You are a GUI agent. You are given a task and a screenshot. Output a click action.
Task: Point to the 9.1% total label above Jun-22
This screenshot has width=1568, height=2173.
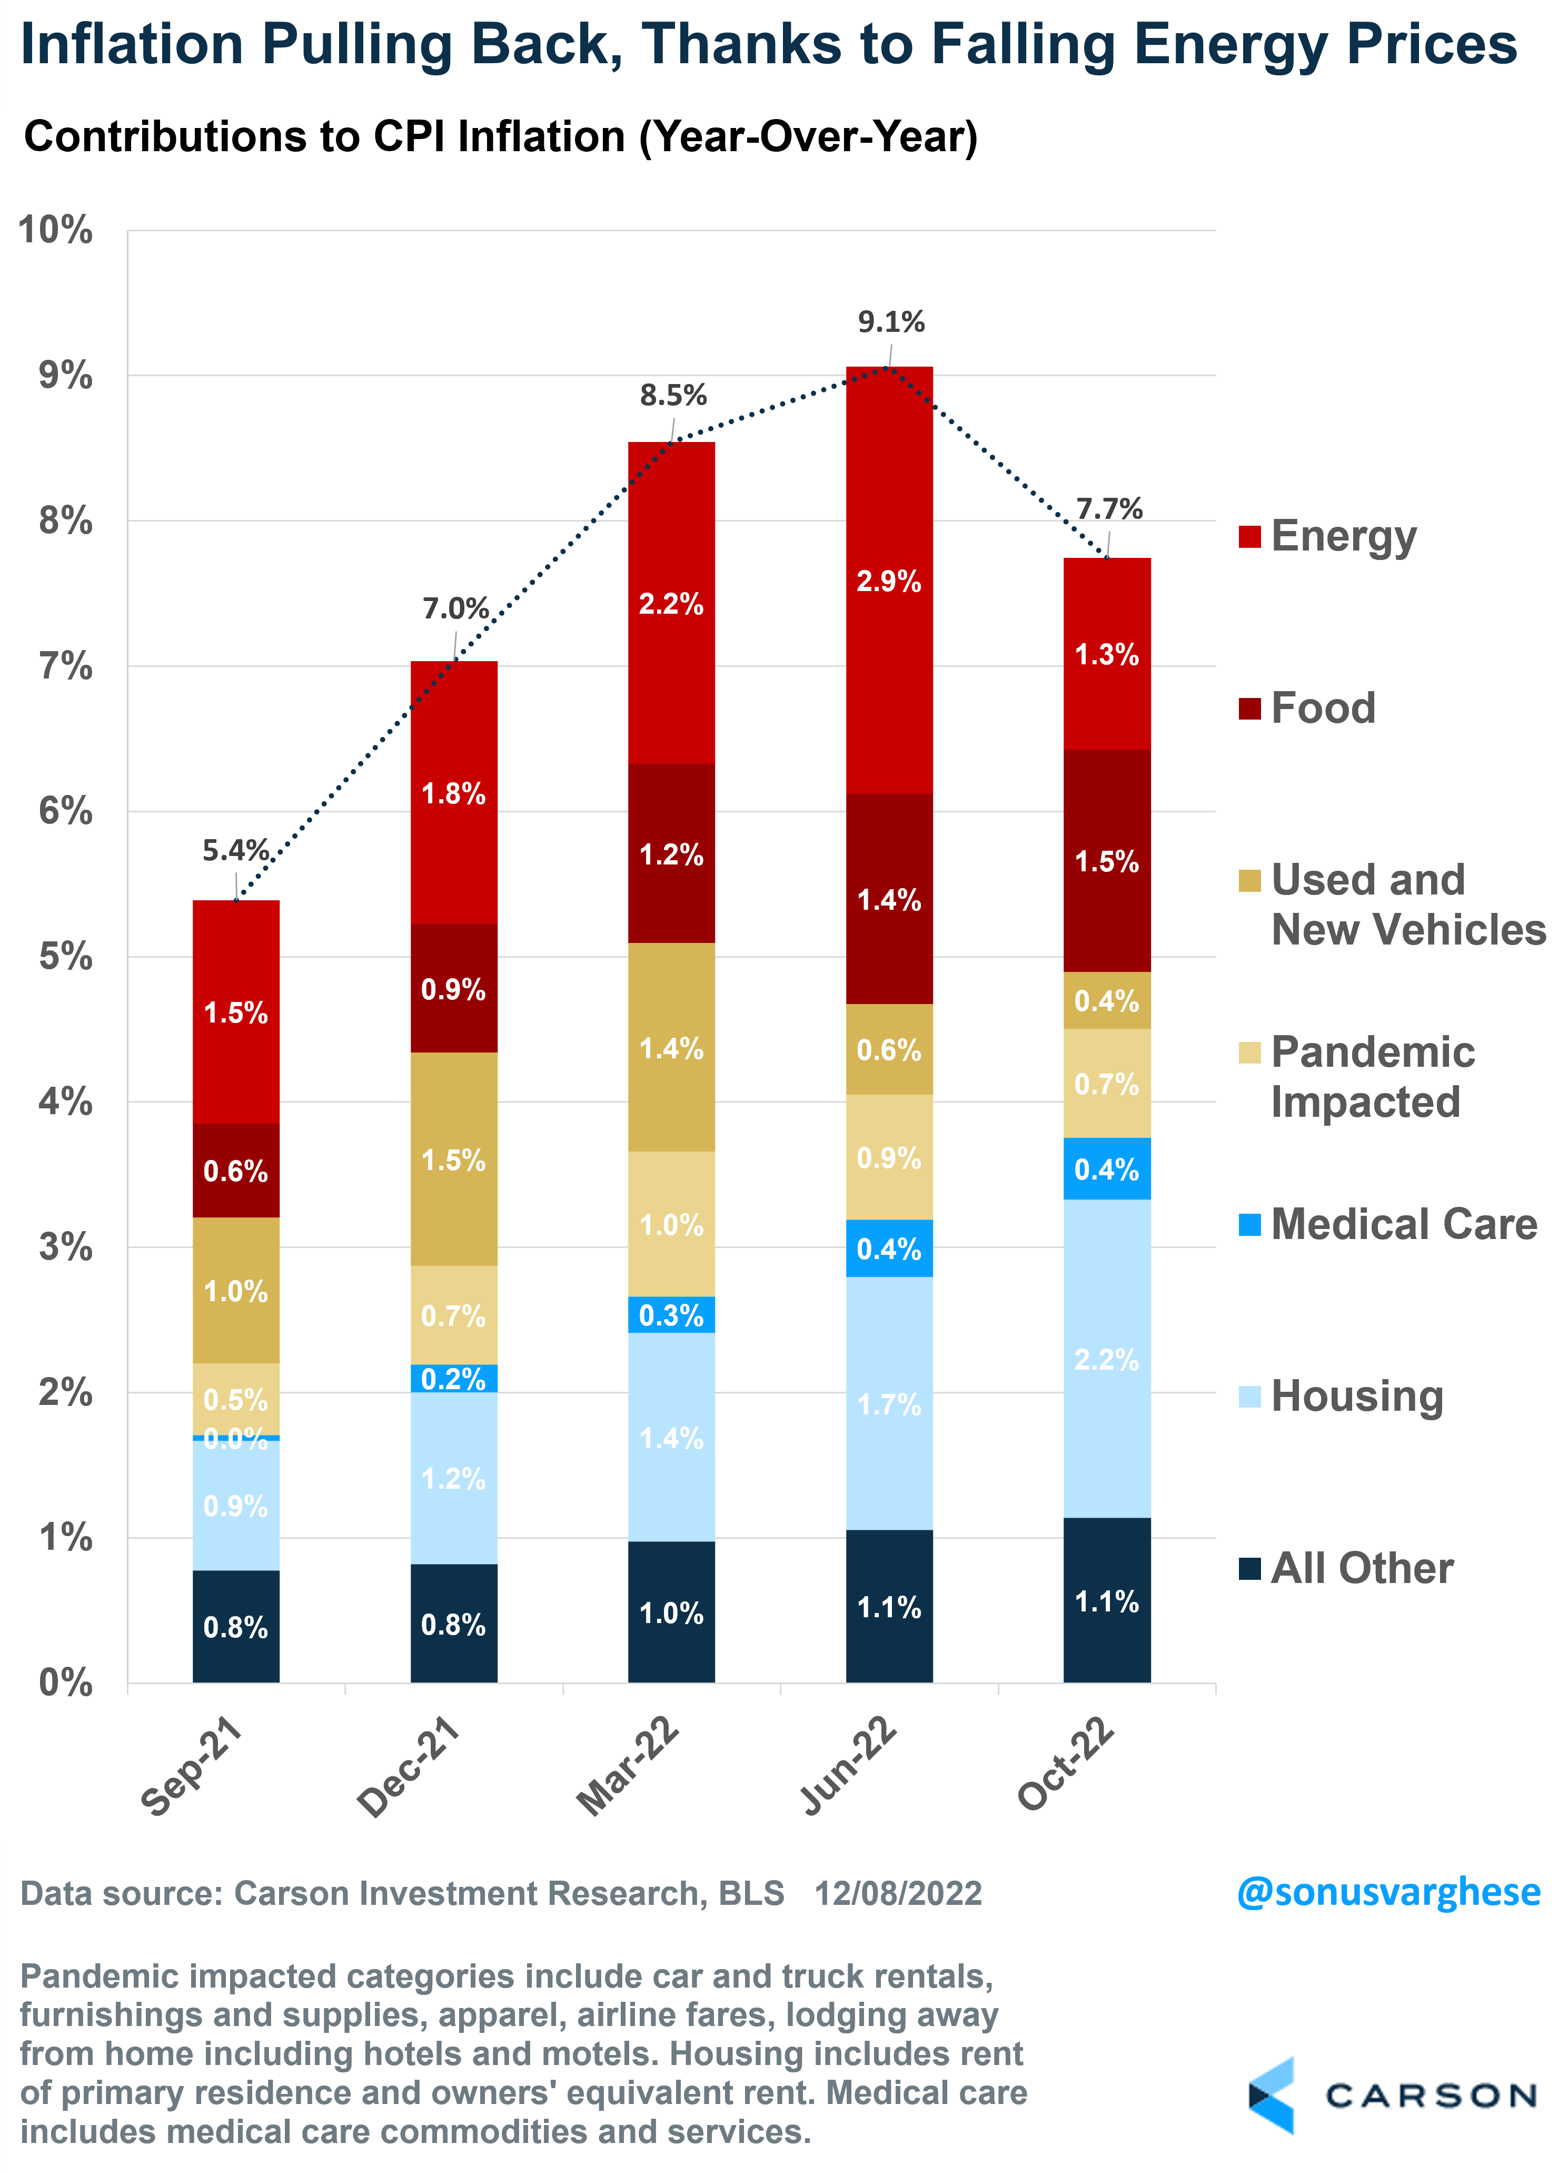[891, 322]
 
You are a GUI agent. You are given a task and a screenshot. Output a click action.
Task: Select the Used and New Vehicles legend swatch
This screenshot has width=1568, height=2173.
[1249, 880]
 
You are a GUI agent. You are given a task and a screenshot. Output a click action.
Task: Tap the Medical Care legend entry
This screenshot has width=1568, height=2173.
[1403, 1224]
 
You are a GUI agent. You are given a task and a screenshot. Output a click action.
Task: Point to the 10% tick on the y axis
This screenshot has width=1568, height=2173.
[56, 230]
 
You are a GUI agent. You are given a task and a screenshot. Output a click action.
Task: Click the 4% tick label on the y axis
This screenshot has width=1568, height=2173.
[65, 1102]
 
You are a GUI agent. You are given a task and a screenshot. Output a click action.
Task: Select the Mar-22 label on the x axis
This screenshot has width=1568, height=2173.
[628, 1766]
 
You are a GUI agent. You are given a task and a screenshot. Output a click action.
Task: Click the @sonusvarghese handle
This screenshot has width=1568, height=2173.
[1388, 1892]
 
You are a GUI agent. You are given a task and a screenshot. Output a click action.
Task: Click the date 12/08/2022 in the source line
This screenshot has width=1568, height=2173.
[898, 1894]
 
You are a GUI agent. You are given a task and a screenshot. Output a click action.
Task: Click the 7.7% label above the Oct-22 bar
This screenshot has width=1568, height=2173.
[1109, 509]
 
